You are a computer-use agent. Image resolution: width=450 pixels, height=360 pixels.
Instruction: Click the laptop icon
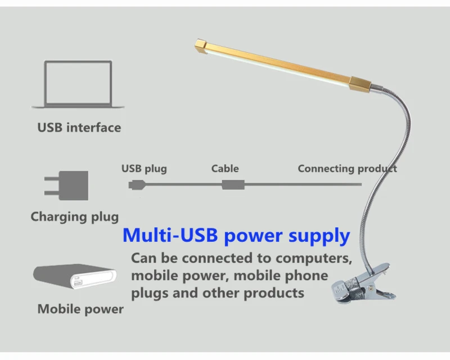pos(78,84)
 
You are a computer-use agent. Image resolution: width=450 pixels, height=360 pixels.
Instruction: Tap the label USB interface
pos(79,128)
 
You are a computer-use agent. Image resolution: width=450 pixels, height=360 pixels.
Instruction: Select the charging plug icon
pos(66,186)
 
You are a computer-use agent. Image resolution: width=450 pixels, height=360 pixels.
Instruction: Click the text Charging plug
pos(75,217)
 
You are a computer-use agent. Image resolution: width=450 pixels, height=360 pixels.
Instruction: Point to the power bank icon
pos(75,276)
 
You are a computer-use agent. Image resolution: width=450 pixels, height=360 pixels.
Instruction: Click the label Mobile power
pos(80,309)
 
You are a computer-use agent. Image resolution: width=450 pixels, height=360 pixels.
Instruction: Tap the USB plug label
pos(144,169)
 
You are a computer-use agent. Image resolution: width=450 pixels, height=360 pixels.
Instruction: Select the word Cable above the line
pos(225,169)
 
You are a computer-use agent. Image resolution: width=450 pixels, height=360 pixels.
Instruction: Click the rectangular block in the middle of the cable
pos(233,184)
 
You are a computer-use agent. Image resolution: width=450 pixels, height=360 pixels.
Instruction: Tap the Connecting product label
pos(347,169)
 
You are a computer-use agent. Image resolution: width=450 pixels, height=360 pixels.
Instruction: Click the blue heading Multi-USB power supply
pos(236,236)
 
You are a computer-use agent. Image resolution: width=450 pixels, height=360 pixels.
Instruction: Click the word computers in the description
pos(314,258)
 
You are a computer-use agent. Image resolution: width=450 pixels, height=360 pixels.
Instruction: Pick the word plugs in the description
pos(150,294)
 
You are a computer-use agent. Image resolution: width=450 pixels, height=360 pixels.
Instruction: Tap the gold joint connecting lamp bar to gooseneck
pos(360,84)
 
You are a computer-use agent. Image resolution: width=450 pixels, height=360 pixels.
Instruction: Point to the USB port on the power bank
pos(78,283)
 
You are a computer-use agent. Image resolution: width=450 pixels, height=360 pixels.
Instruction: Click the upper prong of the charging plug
pos(52,178)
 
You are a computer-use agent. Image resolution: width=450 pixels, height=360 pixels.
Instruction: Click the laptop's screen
pos(78,83)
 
